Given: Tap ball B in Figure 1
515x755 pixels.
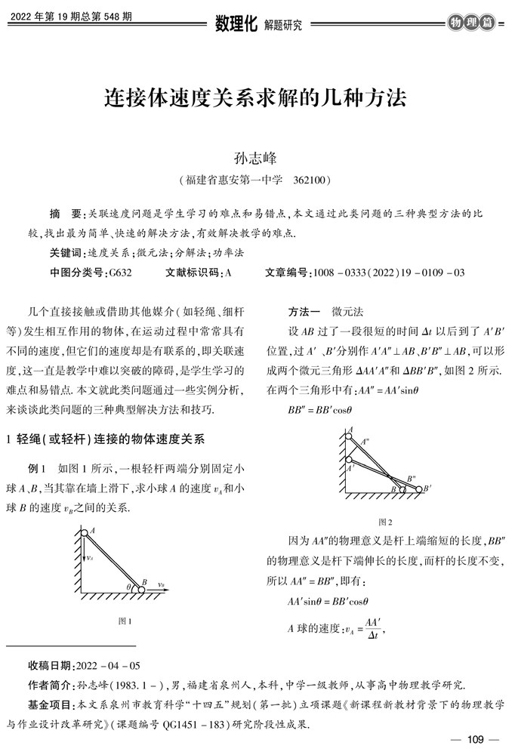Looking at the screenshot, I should coord(141,589).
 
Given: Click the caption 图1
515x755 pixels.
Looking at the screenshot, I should coord(125,621).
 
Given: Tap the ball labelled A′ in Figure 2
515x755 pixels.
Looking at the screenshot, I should coord(349,461).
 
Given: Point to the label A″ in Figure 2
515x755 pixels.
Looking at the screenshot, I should coord(365,441).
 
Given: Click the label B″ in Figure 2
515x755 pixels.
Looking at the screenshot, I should coord(411,478).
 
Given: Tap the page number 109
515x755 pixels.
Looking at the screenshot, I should coord(475,739).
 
